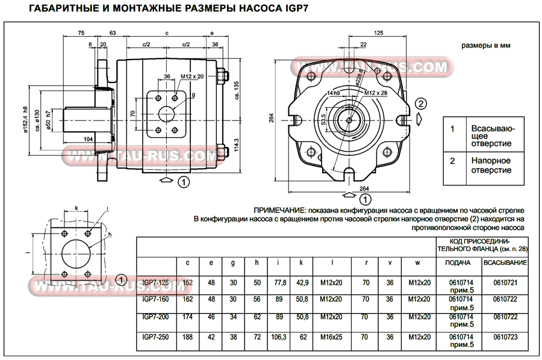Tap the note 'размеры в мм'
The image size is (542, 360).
485,45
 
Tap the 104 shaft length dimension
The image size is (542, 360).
88,138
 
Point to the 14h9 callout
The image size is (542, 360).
334,93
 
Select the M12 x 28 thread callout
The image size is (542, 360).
377,93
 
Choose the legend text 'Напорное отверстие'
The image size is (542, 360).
490,166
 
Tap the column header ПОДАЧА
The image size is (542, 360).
458,262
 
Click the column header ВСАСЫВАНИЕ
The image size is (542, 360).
505,262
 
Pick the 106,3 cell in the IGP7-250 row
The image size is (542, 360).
278,337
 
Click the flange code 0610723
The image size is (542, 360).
505,337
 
